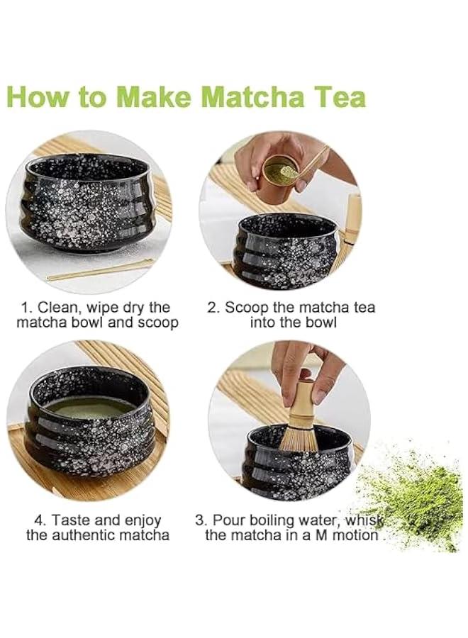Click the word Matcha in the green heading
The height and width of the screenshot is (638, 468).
click(x=213, y=96)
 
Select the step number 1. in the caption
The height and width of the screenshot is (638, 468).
click(x=27, y=308)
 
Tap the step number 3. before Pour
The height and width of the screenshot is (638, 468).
click(x=201, y=520)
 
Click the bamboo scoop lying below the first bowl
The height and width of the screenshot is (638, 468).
click(x=99, y=270)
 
